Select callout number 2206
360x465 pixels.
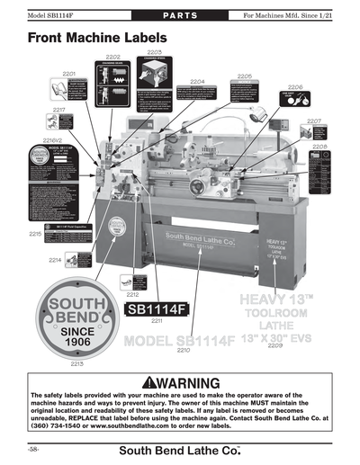tap(245, 76)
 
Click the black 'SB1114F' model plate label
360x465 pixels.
tap(155, 309)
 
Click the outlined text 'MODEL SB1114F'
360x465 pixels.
tap(179, 340)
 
